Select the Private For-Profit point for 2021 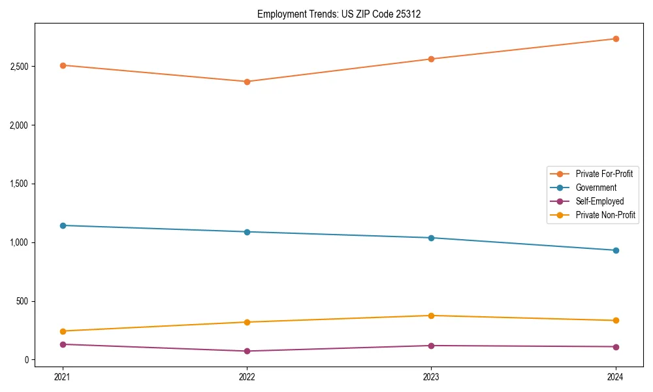click(x=63, y=65)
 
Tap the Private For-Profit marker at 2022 click(x=247, y=82)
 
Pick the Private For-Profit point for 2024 click(x=616, y=39)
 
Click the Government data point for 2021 click(x=63, y=225)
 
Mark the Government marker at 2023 click(x=431, y=238)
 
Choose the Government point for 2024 click(x=616, y=250)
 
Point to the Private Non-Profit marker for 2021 click(x=63, y=331)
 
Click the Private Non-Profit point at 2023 click(x=431, y=316)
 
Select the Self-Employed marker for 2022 click(x=247, y=351)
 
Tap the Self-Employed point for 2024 click(x=616, y=347)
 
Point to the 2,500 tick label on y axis click(x=19, y=67)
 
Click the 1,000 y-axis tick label click(x=19, y=242)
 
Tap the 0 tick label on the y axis click(x=27, y=360)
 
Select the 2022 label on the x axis click(x=247, y=377)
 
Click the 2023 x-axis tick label click(x=431, y=377)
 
